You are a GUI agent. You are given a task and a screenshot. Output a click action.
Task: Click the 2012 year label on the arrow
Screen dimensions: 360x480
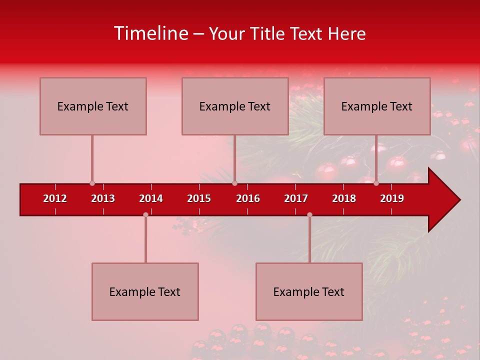(55, 198)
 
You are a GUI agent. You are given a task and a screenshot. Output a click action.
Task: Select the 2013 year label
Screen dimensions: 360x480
(103, 198)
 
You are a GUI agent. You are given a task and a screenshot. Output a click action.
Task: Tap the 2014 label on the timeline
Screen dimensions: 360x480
(151, 198)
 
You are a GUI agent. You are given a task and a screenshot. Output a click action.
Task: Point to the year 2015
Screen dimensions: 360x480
(199, 198)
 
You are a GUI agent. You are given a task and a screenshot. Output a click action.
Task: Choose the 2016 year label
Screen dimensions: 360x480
(248, 198)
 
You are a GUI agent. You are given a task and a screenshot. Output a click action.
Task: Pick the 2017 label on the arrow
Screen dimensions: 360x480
(296, 198)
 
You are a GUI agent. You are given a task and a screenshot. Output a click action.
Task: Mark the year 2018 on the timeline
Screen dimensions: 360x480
(344, 198)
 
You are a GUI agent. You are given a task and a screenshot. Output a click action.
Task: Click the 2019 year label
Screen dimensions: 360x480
(392, 198)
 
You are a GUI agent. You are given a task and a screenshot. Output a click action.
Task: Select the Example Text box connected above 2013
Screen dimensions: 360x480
(93, 106)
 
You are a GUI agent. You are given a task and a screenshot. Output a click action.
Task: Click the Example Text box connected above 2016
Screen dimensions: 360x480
(235, 106)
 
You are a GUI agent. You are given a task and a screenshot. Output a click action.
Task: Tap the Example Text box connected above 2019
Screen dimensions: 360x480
(377, 106)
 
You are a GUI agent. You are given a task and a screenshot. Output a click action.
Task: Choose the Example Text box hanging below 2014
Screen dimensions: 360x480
(145, 291)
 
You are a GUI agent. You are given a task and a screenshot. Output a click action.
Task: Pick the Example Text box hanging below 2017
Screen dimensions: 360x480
(309, 291)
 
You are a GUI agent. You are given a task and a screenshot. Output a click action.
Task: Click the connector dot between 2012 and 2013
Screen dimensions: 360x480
(92, 183)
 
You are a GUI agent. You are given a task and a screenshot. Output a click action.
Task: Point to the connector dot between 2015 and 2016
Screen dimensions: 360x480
(234, 183)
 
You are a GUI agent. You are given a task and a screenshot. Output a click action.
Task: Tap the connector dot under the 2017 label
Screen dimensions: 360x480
(309, 214)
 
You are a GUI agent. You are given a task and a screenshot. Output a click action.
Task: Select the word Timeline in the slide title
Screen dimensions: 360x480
(150, 33)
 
